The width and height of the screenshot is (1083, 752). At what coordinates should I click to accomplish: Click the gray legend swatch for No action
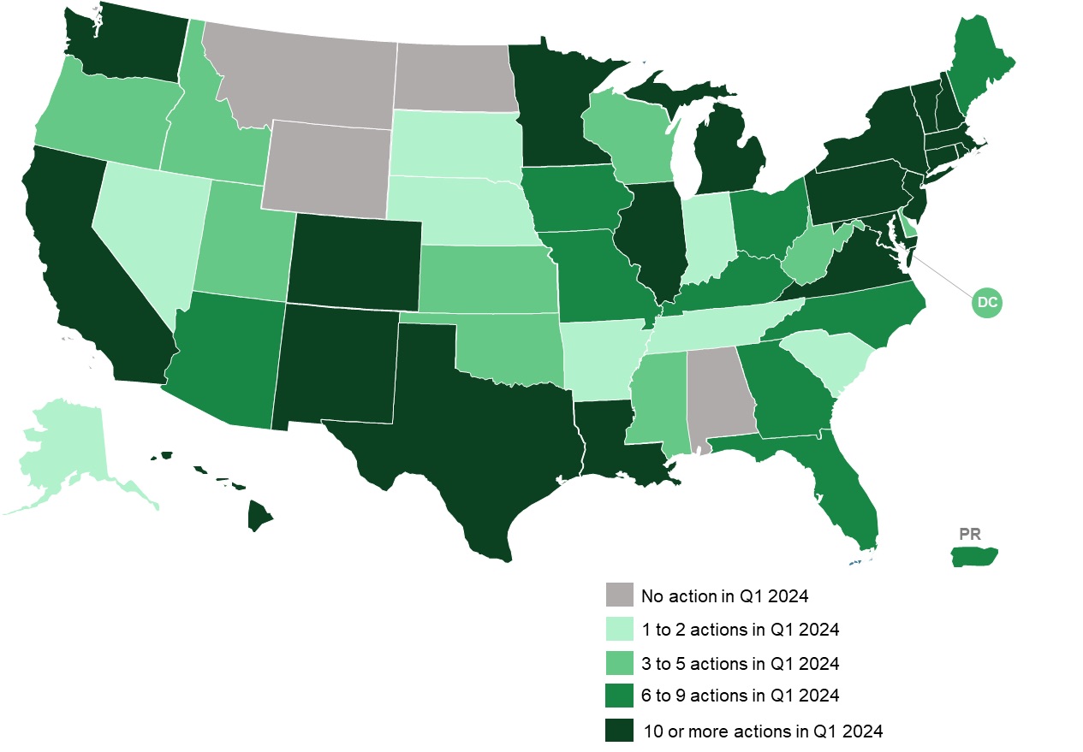coord(618,595)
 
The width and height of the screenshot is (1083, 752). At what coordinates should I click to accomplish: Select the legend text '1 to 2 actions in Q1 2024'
coord(740,630)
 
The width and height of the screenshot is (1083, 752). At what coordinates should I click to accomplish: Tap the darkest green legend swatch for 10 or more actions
coord(618,731)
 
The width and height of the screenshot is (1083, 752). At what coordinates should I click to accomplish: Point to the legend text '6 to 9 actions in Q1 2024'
coord(740,696)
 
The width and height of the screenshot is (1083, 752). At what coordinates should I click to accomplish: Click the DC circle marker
coord(987,302)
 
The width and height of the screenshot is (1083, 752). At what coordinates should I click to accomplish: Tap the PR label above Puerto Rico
coord(969,534)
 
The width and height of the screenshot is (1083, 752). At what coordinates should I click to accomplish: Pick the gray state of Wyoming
coord(325,168)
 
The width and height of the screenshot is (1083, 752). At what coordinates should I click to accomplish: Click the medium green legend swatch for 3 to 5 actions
coord(618,663)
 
